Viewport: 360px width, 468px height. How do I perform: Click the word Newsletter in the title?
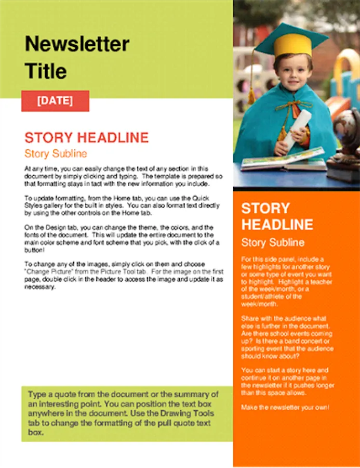point(77,44)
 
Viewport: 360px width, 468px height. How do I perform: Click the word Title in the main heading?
point(46,71)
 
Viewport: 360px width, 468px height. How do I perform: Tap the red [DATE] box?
point(55,100)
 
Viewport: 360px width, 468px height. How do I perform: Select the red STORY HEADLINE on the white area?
point(86,138)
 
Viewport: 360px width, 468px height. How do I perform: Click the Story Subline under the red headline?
point(56,154)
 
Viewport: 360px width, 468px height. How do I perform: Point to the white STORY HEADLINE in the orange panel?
point(277,216)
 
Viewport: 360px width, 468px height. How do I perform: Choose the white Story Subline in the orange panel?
point(273,243)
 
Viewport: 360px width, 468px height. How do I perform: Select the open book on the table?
point(283,159)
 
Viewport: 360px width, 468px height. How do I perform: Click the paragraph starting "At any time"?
point(124,176)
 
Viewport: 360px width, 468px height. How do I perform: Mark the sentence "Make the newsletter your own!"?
point(285,407)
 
